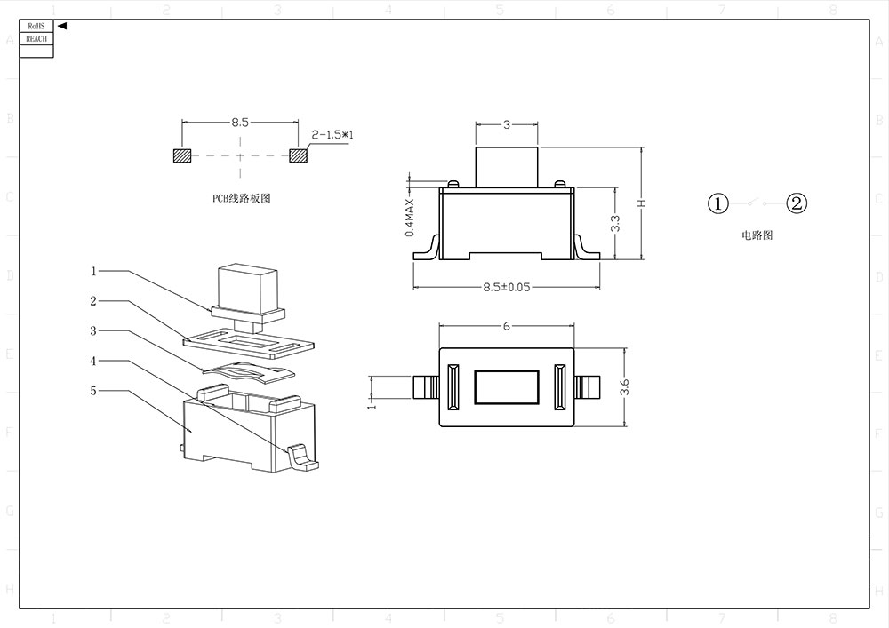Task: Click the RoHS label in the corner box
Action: click(36, 27)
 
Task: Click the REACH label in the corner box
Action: click(36, 39)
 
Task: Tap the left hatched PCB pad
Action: click(181, 155)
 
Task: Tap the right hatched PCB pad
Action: click(298, 155)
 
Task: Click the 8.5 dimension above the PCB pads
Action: click(240, 123)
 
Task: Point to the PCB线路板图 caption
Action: click(240, 198)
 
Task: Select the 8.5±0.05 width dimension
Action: click(506, 287)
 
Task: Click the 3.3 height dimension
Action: click(615, 223)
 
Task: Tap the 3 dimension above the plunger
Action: click(507, 124)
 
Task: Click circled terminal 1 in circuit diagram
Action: click(718, 203)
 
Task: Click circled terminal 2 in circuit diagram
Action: click(797, 203)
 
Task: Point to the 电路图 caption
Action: click(757, 235)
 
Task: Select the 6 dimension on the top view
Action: click(506, 326)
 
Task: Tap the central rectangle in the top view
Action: click(505, 387)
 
